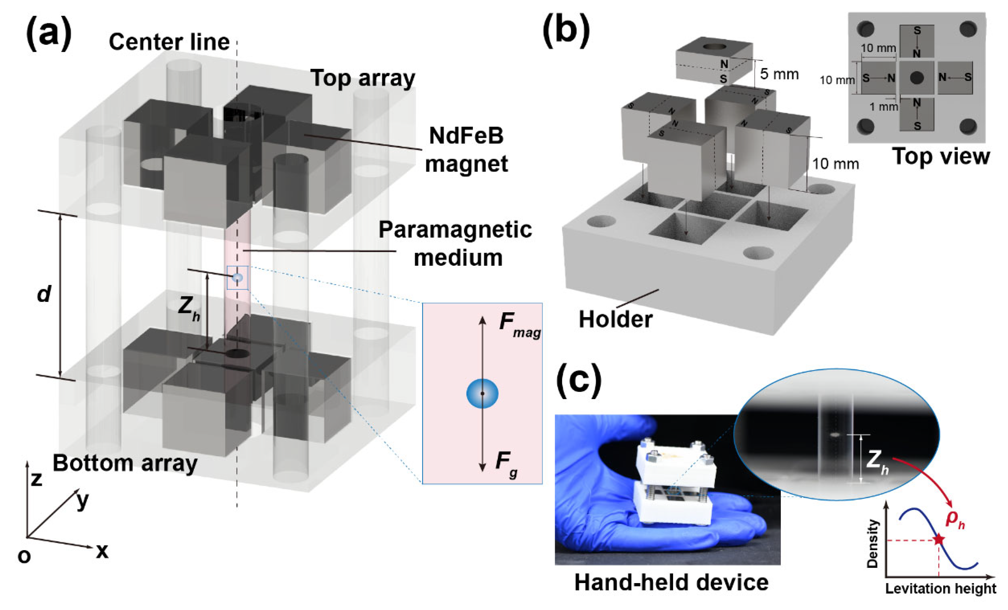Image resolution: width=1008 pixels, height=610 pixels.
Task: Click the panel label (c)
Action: pos(579,381)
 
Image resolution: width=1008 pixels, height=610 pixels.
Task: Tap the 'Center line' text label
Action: pos(169,42)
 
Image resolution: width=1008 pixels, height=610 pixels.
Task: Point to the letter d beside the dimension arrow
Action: pos(44,294)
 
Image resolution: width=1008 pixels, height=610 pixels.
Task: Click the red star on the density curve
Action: pos(939,540)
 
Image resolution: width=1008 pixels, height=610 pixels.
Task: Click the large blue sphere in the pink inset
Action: pos(482,393)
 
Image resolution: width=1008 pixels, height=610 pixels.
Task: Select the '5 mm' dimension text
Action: pos(779,74)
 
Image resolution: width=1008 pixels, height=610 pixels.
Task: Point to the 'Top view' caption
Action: pos(941,156)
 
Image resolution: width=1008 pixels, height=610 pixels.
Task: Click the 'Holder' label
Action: pos(615,319)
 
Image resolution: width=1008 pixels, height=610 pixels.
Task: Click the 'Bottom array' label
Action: pos(125,463)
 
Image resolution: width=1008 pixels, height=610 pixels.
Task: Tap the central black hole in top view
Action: pos(916,77)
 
